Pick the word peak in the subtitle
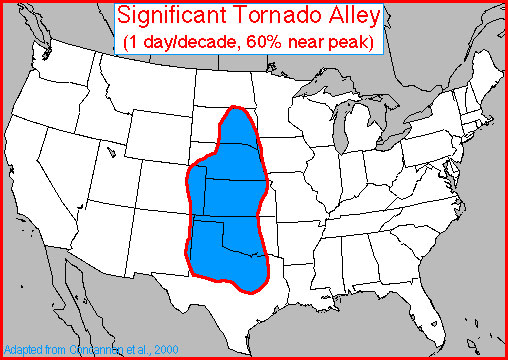(352, 42)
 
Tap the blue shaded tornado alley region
(228, 200)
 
